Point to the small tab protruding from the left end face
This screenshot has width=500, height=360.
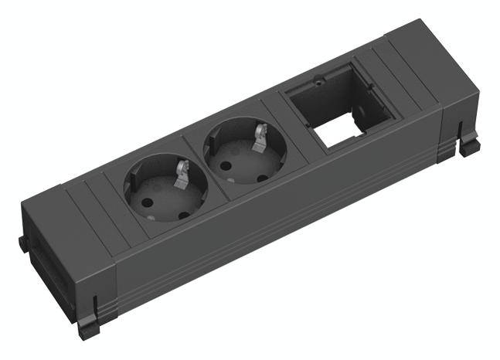point(22,243)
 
